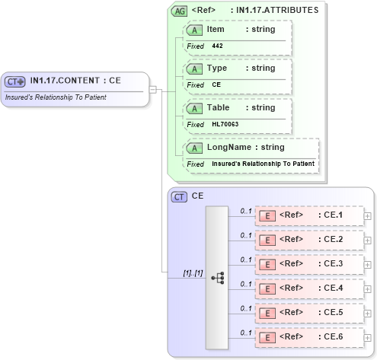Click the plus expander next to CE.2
point(368,241)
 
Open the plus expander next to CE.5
point(368,314)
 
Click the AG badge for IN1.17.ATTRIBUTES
point(179,11)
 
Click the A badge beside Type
point(195,68)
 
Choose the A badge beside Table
point(195,108)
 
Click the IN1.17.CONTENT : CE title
point(75,81)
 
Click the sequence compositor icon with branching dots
point(217,278)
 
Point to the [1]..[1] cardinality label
point(193,272)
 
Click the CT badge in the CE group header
point(179,196)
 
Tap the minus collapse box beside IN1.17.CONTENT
point(153,90)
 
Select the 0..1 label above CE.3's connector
point(246,259)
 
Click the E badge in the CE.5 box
point(267,313)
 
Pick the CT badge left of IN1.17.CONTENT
point(15,81)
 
